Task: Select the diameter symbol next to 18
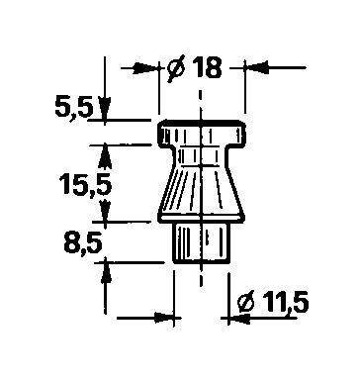[x=176, y=69]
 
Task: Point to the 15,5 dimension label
[x=86, y=184]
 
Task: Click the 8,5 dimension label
[x=82, y=241]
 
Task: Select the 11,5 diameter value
[x=286, y=302]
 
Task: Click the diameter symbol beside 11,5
[x=247, y=301]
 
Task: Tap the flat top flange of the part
[x=202, y=133]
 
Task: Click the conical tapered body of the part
[x=202, y=191]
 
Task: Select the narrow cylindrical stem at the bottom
[x=201, y=242]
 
